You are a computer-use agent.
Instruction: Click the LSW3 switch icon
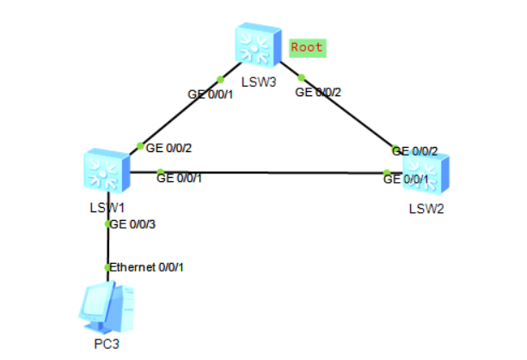pyautogui.click(x=258, y=45)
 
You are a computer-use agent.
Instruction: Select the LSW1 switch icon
pyautogui.click(x=107, y=171)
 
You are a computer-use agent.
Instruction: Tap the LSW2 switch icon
pyautogui.click(x=426, y=173)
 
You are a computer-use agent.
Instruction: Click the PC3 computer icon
pyautogui.click(x=107, y=308)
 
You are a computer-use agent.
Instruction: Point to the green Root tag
pyautogui.click(x=308, y=48)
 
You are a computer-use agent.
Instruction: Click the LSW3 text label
pyautogui.click(x=259, y=82)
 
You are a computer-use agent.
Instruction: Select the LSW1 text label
pyautogui.click(x=107, y=208)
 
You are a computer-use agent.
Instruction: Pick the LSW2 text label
pyautogui.click(x=426, y=209)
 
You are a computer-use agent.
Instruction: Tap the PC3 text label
pyautogui.click(x=107, y=345)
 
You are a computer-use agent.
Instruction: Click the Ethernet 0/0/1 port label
pyautogui.click(x=146, y=267)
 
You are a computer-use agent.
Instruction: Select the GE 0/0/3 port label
pyautogui.click(x=132, y=224)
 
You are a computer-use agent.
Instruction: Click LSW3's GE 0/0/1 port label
pyautogui.click(x=210, y=95)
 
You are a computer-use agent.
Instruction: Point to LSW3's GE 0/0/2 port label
pyautogui.click(x=318, y=92)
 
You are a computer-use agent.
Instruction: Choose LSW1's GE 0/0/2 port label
pyautogui.click(x=169, y=148)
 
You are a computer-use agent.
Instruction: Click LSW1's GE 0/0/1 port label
pyautogui.click(x=179, y=179)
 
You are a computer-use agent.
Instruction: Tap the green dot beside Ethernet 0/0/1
pyautogui.click(x=107, y=268)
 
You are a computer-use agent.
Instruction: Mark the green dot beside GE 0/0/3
pyautogui.click(x=107, y=224)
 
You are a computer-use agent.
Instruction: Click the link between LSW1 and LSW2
pyautogui.click(x=267, y=173)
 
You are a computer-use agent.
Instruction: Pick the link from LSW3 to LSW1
pyautogui.click(x=186, y=108)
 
